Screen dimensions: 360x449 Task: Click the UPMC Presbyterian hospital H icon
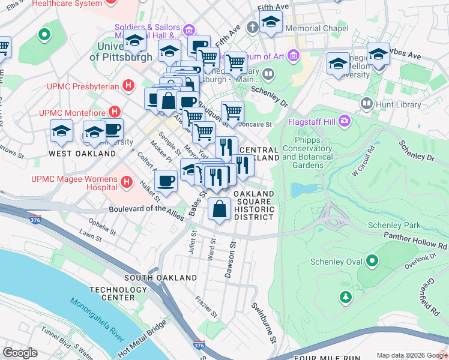click(127, 86)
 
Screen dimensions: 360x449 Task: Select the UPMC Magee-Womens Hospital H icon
click(127, 181)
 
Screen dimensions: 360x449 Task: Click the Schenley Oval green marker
click(372, 261)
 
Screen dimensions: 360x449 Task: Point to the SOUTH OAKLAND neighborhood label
click(160, 278)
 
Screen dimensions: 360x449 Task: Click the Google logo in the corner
click(20, 353)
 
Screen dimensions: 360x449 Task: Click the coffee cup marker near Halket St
click(166, 180)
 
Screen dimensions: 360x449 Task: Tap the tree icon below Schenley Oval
click(345, 296)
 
